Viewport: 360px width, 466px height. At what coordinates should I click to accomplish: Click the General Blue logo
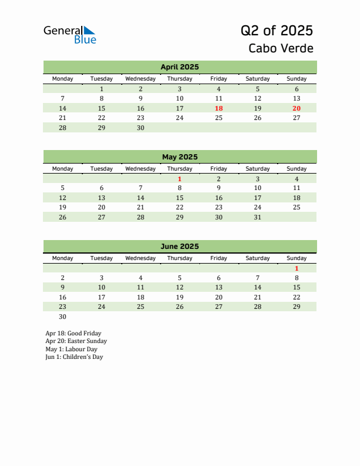(69, 35)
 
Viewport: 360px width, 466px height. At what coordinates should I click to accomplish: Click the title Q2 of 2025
(276, 31)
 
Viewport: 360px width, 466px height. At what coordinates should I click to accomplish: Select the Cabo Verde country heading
(281, 48)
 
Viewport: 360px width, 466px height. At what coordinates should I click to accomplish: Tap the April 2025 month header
(179, 67)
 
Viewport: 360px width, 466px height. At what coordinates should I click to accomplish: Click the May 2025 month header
(179, 157)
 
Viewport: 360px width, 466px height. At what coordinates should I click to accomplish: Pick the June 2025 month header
(179, 247)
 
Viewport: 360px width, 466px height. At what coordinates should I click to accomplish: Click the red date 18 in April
(219, 108)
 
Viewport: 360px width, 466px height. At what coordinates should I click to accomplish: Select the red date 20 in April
(296, 108)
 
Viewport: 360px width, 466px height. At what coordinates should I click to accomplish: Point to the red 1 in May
(179, 179)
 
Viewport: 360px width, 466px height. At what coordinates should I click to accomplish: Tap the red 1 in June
(296, 268)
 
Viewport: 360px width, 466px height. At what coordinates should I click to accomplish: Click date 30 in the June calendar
(63, 317)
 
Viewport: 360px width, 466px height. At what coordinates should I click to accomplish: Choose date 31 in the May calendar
(258, 217)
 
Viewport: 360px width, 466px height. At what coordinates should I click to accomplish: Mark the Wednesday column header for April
(141, 79)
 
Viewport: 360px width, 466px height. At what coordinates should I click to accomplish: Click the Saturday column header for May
(258, 169)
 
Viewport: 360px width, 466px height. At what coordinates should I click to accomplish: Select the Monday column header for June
(63, 258)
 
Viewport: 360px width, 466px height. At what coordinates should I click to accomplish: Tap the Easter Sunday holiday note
(76, 341)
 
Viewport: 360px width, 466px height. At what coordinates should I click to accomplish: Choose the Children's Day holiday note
(74, 357)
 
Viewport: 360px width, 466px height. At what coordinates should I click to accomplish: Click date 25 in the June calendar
(141, 307)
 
